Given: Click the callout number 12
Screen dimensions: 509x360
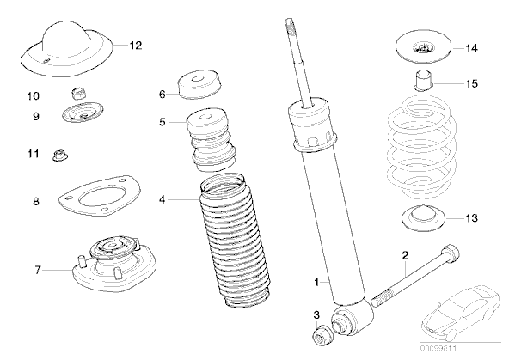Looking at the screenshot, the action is [x=136, y=46].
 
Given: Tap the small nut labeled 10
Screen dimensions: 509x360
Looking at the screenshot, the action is [x=79, y=94].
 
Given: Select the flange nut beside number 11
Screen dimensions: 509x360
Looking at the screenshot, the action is [x=60, y=156].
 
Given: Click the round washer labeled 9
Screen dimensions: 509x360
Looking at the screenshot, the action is [x=83, y=113].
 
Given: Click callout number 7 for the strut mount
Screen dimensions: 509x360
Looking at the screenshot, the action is [x=38, y=270].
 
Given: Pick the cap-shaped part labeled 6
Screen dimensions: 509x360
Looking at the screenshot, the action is [x=199, y=84].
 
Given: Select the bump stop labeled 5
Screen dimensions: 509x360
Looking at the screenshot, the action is [x=211, y=139].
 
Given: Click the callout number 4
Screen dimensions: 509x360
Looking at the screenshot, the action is [x=163, y=200].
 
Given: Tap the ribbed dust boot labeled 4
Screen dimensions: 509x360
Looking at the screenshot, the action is [x=235, y=241].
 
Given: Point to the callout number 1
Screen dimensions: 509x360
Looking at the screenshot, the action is [x=316, y=282].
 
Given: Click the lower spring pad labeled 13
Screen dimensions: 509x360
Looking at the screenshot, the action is [x=423, y=218].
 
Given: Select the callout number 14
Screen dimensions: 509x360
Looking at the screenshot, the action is [x=472, y=48].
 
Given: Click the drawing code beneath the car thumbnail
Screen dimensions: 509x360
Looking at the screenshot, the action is [x=438, y=349].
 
